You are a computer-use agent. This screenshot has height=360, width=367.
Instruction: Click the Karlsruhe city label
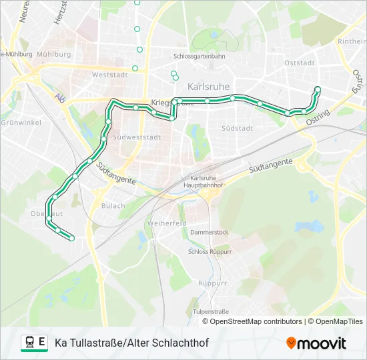208,87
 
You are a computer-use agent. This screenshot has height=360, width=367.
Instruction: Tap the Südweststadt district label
137,137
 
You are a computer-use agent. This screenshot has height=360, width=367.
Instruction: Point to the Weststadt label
109,75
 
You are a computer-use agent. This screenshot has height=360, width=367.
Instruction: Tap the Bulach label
113,206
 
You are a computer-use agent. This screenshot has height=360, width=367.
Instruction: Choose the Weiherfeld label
166,223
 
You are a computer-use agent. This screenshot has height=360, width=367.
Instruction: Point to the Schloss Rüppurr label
210,252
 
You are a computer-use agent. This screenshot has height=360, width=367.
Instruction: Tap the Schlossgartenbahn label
199,57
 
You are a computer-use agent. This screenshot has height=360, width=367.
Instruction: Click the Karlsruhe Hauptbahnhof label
206,181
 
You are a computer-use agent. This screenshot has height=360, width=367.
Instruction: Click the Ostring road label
318,119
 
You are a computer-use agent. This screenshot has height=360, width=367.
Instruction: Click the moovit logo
316,343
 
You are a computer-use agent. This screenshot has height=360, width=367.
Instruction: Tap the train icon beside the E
29,343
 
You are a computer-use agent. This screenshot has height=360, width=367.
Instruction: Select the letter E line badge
42,343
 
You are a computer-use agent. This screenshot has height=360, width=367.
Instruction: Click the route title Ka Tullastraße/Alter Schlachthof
131,343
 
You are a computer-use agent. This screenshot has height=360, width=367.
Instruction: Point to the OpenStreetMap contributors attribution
256,321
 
